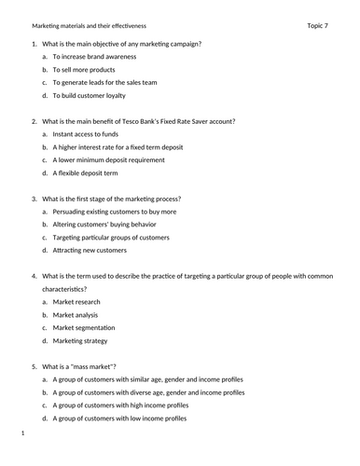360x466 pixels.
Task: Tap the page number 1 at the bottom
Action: click(22, 434)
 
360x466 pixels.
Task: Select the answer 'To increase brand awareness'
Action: click(95, 57)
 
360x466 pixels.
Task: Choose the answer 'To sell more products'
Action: click(84, 70)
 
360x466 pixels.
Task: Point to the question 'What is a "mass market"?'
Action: click(79, 367)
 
